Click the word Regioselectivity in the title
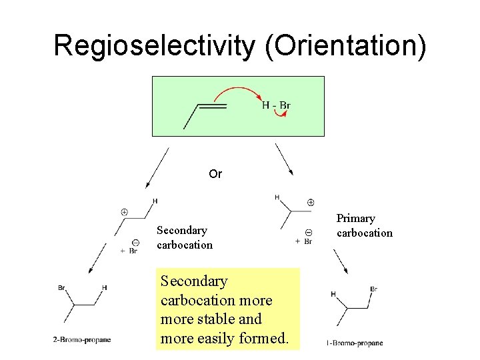[154, 45]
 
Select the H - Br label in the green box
[276, 105]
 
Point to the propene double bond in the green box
[213, 105]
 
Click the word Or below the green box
[215, 174]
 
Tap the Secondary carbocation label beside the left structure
[185, 237]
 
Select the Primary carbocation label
[364, 225]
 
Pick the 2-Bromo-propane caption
[82, 340]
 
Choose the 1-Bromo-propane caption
[355, 343]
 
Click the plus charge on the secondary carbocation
[124, 212]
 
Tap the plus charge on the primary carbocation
[311, 202]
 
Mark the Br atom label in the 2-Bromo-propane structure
[61, 288]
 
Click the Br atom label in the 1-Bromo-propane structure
[373, 289]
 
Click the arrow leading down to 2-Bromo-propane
[97, 259]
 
